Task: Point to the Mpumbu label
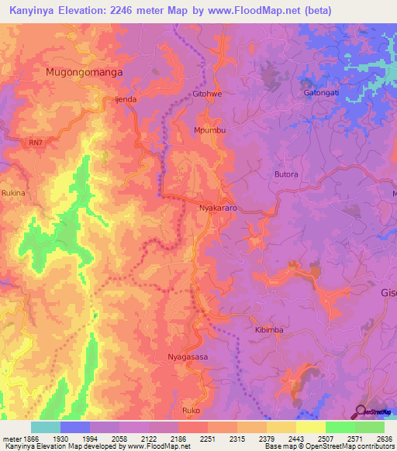point(210,130)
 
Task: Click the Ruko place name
point(191,410)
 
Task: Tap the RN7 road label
point(36,142)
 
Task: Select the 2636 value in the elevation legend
point(385,438)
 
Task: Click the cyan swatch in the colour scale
point(45,427)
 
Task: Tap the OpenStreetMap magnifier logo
point(361,411)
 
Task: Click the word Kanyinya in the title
point(37,11)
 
